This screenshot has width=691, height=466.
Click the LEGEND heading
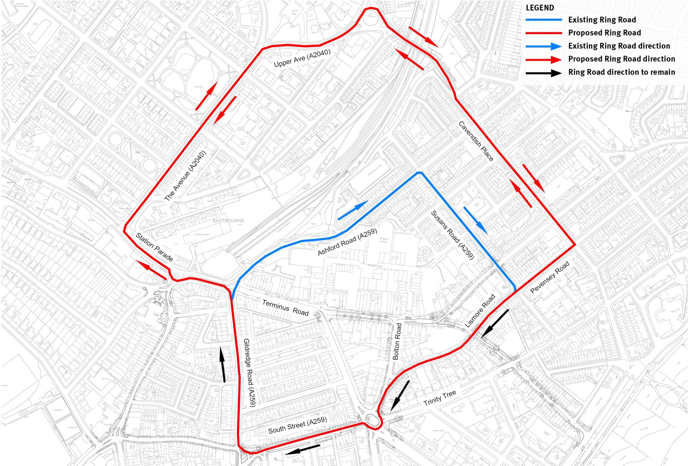pyautogui.click(x=540, y=8)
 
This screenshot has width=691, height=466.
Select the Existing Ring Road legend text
pyautogui.click(x=602, y=20)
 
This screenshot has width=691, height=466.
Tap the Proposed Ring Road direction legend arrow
pyautogui.click(x=544, y=59)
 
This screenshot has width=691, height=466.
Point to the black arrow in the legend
pyautogui.click(x=544, y=72)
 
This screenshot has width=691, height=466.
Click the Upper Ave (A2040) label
pyautogui.click(x=302, y=58)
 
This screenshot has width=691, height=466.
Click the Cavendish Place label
pyautogui.click(x=476, y=141)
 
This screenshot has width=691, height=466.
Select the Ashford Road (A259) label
pyautogui.click(x=347, y=242)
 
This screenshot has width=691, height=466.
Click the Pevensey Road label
pyautogui.click(x=550, y=277)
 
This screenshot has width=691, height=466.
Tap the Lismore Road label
pyautogui.click(x=480, y=311)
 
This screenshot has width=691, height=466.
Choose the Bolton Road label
pyautogui.click(x=397, y=341)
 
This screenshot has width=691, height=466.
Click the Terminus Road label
pyautogui.click(x=285, y=308)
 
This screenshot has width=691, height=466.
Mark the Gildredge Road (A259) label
pyautogui.click(x=250, y=372)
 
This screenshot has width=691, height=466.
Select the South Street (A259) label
pyautogui.click(x=297, y=425)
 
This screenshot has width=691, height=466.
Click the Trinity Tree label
pyautogui.click(x=440, y=398)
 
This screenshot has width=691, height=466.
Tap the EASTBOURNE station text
pyautogui.click(x=228, y=221)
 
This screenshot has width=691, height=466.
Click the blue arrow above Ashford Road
pyautogui.click(x=353, y=210)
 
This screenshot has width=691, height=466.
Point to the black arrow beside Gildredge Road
pyautogui.click(x=223, y=365)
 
